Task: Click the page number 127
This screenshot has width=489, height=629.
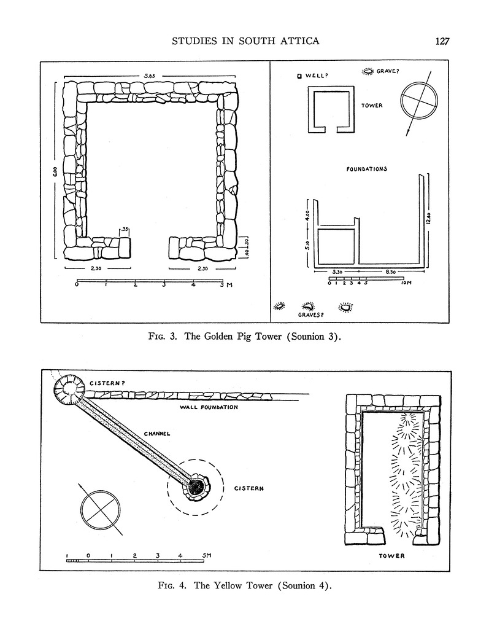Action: (442, 42)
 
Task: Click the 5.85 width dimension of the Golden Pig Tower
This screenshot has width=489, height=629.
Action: (149, 76)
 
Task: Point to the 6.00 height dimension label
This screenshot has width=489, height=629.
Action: (55, 174)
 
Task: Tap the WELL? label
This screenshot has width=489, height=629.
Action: (316, 76)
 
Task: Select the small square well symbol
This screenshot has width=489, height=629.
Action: (299, 76)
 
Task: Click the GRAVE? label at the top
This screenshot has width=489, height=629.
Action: (388, 71)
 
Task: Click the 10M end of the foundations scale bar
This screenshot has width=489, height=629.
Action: (405, 284)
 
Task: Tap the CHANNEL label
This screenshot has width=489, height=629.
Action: (156, 433)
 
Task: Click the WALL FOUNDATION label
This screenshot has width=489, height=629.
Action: (209, 407)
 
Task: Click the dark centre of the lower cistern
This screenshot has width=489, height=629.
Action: (196, 486)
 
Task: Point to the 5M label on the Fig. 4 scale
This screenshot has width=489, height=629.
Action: (206, 555)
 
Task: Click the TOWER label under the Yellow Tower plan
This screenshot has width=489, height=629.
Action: (391, 556)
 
